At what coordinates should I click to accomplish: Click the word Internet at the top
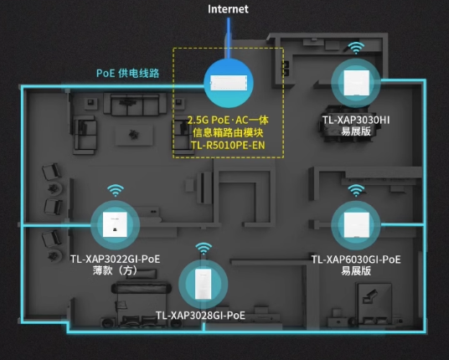(x=228, y=9)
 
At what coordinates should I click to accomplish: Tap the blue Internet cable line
(x=228, y=39)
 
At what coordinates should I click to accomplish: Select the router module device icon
(x=229, y=83)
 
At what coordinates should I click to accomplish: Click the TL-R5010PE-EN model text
(x=228, y=146)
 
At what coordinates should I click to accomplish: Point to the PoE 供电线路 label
(x=127, y=74)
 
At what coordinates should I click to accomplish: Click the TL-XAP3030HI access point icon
(x=356, y=83)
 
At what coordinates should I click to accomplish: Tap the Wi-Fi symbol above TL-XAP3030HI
(x=356, y=48)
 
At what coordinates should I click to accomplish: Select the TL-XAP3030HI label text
(x=356, y=121)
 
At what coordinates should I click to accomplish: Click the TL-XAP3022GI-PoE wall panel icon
(x=115, y=224)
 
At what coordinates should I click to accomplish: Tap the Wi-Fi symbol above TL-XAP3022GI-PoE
(x=116, y=191)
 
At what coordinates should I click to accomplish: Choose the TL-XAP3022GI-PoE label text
(x=115, y=260)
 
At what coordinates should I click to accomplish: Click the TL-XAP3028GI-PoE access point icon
(x=204, y=284)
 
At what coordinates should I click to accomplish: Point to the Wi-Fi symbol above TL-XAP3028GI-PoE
(x=204, y=249)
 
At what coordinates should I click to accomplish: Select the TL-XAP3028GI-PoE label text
(x=200, y=316)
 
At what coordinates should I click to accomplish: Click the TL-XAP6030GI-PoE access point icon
(x=356, y=225)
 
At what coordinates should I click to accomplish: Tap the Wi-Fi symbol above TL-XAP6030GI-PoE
(x=356, y=191)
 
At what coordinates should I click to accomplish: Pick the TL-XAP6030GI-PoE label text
(x=356, y=260)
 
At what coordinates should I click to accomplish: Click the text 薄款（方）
(x=115, y=270)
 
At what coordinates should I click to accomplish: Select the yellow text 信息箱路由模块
(x=228, y=133)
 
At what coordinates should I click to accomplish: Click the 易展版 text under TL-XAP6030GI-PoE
(x=356, y=271)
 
